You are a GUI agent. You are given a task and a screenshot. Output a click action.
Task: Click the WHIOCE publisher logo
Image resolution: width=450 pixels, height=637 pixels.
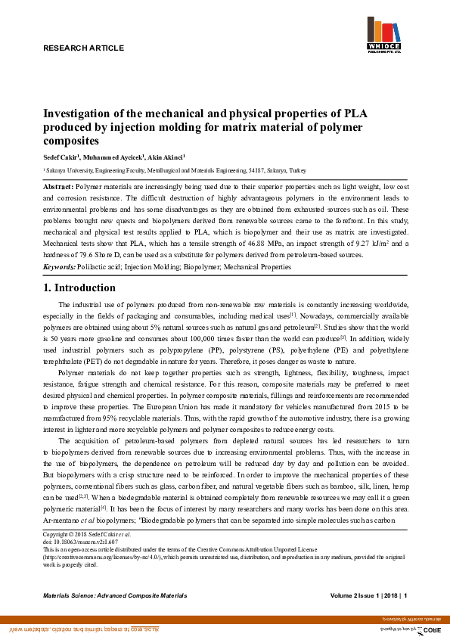(x=385, y=36)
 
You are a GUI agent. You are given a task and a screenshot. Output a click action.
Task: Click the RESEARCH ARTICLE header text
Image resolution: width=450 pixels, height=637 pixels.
(x=82, y=48)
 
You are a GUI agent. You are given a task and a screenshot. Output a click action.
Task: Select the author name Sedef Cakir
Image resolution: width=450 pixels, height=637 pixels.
(x=60, y=156)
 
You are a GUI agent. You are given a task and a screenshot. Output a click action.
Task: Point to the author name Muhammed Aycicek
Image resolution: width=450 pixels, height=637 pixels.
(x=111, y=156)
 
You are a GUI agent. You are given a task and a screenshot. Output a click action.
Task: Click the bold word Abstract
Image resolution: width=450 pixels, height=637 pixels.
(x=58, y=186)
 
